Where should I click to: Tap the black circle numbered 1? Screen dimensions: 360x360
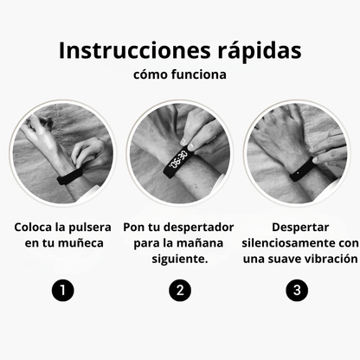[x=61, y=290]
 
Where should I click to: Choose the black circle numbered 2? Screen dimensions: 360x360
[x=179, y=290]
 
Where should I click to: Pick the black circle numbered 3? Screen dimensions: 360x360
[x=298, y=290]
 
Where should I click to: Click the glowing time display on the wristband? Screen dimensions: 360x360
[x=178, y=160]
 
